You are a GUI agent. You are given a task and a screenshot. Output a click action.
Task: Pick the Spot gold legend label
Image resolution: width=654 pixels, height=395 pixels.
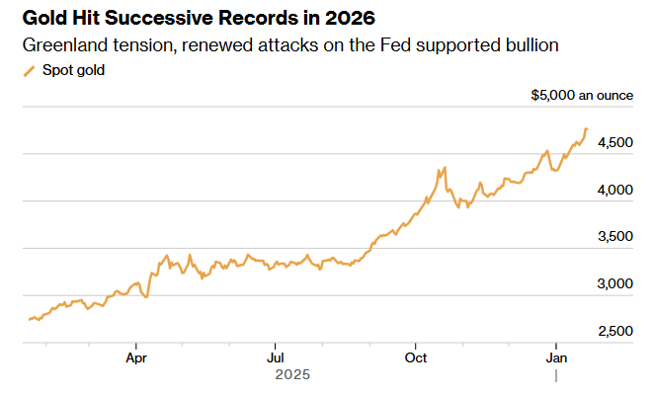74,71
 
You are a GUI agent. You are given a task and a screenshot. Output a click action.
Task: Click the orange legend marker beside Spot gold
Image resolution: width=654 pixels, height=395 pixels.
29,71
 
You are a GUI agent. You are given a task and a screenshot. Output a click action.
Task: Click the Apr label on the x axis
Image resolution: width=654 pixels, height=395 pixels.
137,356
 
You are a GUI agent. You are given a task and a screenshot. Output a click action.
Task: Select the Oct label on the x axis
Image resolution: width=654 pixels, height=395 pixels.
416,356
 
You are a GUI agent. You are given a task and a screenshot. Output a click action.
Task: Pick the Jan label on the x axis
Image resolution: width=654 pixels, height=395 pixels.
556,356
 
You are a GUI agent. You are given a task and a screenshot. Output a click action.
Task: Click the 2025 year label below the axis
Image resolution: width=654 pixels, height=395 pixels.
292,375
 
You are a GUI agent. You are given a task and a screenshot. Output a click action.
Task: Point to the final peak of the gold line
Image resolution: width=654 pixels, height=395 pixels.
587,128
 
